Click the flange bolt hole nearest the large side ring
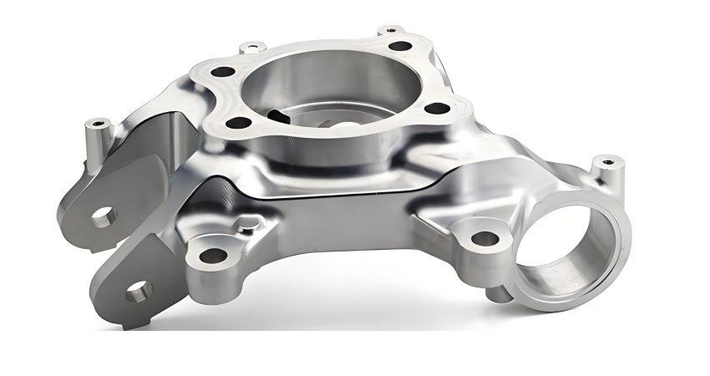click(434, 108)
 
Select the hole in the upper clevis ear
click(103, 217)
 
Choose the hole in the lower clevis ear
click(138, 292)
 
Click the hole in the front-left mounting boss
click(213, 255)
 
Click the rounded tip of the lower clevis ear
click(117, 313)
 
